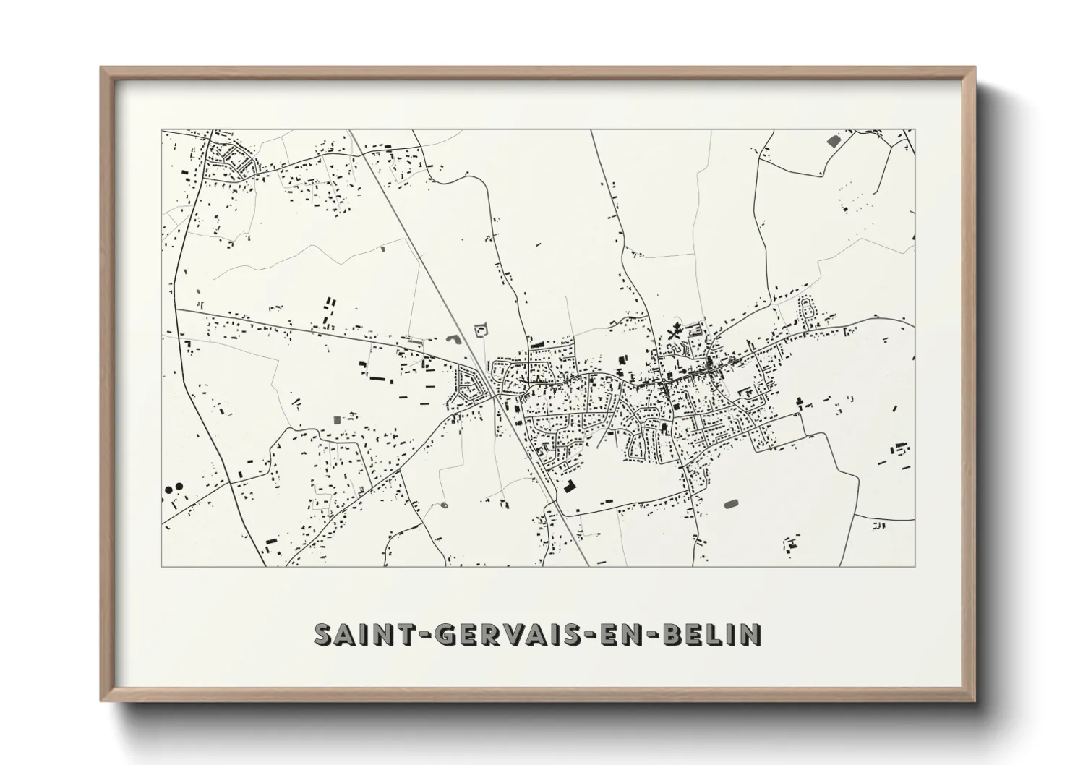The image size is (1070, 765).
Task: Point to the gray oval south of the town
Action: click(730, 503)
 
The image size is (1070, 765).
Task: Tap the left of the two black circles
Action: click(168, 490)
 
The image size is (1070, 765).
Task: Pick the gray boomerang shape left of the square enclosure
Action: click(453, 338)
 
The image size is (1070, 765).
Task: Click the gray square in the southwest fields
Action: click(335, 419)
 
